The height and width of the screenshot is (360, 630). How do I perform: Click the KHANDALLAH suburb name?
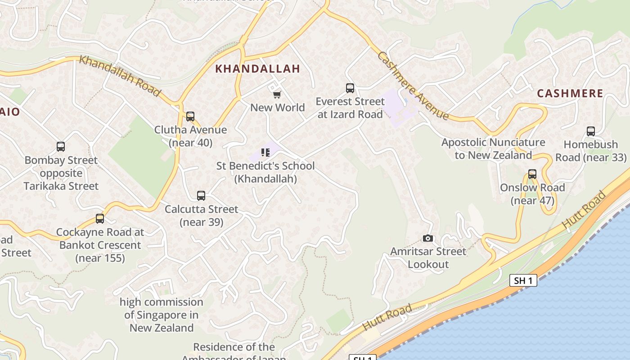pyautogui.click(x=257, y=69)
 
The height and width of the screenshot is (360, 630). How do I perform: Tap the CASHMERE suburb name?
pyautogui.click(x=570, y=94)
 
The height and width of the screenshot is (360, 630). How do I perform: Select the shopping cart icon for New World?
pyautogui.click(x=277, y=94)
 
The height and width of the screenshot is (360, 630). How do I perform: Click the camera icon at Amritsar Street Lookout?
pyautogui.click(x=428, y=238)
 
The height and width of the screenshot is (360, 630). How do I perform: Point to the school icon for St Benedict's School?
pyautogui.click(x=265, y=153)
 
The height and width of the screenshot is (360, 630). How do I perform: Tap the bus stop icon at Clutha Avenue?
pyautogui.click(x=190, y=117)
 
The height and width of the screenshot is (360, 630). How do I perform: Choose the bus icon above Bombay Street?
pyautogui.click(x=61, y=147)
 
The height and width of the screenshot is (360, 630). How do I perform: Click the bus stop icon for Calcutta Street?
pyautogui.click(x=201, y=196)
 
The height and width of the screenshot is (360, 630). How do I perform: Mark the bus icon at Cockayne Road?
pyautogui.click(x=100, y=219)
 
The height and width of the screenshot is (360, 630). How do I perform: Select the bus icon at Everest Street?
pyautogui.click(x=350, y=88)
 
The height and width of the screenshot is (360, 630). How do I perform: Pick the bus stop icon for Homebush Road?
pyautogui.click(x=591, y=131)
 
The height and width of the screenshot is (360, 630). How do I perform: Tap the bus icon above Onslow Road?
pyautogui.click(x=532, y=174)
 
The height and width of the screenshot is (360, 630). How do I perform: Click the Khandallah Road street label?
pyautogui.click(x=119, y=76)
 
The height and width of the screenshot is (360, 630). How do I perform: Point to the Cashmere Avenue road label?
pyautogui.click(x=413, y=85)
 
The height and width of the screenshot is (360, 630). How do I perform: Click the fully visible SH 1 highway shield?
pyautogui.click(x=524, y=281)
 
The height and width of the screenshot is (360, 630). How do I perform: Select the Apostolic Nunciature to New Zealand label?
pyautogui.click(x=493, y=149)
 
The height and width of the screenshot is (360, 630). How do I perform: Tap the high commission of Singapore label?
pyautogui.click(x=162, y=315)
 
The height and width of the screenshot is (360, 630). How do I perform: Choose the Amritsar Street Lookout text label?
pyautogui.click(x=428, y=258)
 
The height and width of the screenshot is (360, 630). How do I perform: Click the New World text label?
pyautogui.click(x=278, y=108)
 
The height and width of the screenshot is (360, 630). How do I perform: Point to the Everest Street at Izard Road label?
pyautogui.click(x=350, y=108)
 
